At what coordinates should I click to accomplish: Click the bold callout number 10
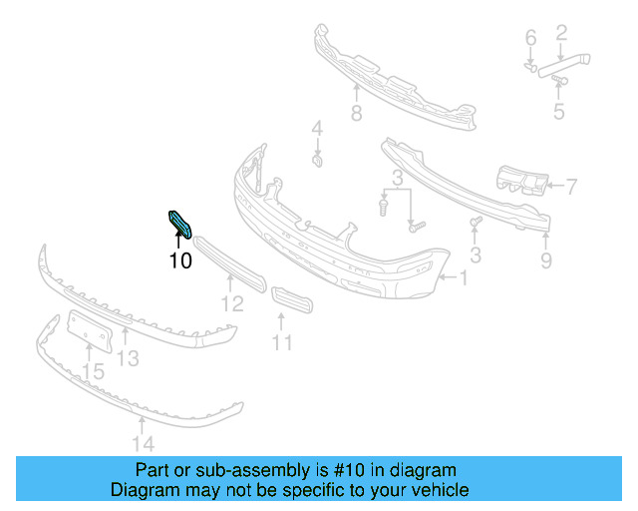pos(179,262)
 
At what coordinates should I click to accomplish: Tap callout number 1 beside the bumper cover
pos(462,276)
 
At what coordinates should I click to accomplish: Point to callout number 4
pos(558,112)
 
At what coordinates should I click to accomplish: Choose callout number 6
pos(570,185)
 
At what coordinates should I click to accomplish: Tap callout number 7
pos(356,113)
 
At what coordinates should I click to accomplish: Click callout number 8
pos(546,261)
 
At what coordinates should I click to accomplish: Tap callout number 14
pos(144,443)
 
